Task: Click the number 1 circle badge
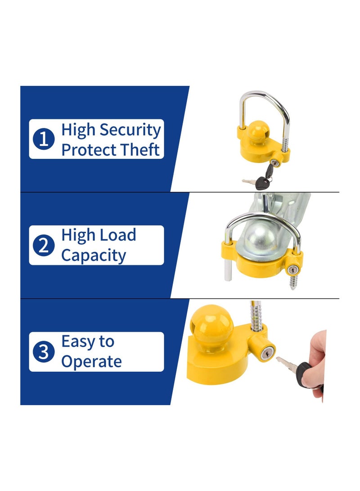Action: tap(44, 140)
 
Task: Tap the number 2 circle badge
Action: tap(44, 245)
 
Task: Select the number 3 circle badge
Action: tap(44, 351)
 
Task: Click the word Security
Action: tap(130, 130)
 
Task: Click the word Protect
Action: tap(88, 150)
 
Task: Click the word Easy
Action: tap(77, 342)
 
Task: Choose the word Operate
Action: tap(91, 362)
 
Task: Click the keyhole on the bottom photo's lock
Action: tap(265, 354)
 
